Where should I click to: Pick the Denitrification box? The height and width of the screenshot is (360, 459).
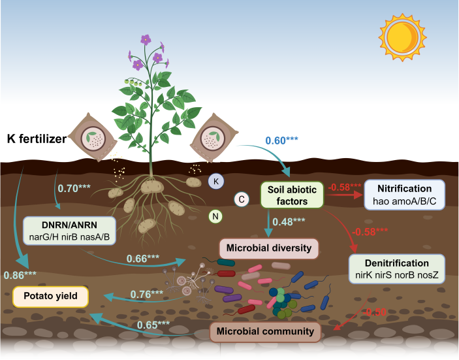pyautogui.click(x=397, y=269)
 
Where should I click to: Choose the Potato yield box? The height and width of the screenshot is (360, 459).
pyautogui.click(x=53, y=296)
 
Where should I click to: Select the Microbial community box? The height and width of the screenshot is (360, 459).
pyautogui.click(x=266, y=331)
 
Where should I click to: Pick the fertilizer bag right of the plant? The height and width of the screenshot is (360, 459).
pyautogui.click(x=213, y=139)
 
